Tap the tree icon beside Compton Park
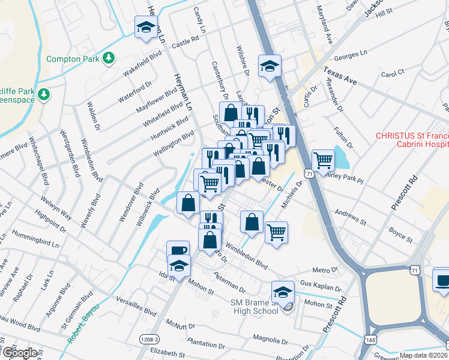(x=109, y=58)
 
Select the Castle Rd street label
(x=185, y=41)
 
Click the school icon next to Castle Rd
(x=145, y=28)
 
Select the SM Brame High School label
(x=255, y=307)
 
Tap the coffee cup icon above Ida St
(x=178, y=250)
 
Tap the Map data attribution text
(x=422, y=355)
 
